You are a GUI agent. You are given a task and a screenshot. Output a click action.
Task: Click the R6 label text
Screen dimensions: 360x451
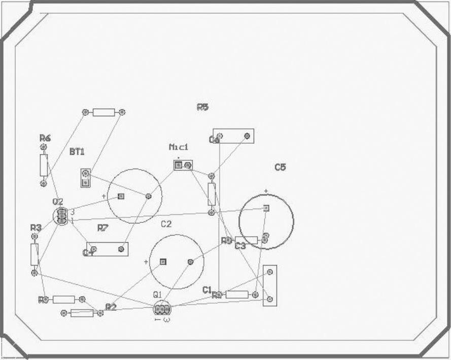pyautogui.click(x=45, y=138)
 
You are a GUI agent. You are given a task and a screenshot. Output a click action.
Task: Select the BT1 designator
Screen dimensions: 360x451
pyautogui.click(x=77, y=152)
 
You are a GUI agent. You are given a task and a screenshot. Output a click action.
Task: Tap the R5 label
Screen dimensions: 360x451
pyautogui.click(x=202, y=107)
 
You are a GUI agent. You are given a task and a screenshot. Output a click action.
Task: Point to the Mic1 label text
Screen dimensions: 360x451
pyautogui.click(x=179, y=147)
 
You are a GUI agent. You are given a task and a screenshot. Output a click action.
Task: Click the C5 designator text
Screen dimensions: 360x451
pyautogui.click(x=280, y=167)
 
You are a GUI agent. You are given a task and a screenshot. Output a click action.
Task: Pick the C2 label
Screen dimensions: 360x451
pyautogui.click(x=166, y=224)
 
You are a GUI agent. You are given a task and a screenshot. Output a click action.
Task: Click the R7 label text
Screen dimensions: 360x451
pyautogui.click(x=103, y=228)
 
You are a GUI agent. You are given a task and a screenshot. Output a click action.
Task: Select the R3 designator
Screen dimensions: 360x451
pyautogui.click(x=36, y=227)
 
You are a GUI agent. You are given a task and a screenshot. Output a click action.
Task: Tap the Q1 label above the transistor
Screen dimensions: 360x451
pyautogui.click(x=157, y=294)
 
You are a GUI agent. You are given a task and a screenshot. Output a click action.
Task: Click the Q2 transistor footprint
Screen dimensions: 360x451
pyautogui.click(x=61, y=216)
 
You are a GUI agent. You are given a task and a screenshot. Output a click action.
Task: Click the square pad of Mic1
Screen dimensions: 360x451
pyautogui.click(x=179, y=165)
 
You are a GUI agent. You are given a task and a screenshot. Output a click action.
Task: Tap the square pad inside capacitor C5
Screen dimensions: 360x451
pyautogui.click(x=266, y=208)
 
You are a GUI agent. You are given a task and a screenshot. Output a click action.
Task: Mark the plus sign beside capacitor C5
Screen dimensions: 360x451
pyautogui.click(x=265, y=191)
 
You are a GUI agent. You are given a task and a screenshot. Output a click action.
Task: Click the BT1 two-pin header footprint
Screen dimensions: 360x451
pyautogui.click(x=86, y=178)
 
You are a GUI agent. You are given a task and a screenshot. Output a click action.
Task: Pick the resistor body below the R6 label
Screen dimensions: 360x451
pyautogui.click(x=44, y=165)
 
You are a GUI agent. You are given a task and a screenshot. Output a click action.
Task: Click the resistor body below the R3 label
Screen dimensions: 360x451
pyautogui.click(x=34, y=254)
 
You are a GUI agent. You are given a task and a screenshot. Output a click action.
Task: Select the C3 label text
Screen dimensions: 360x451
pyautogui.click(x=240, y=246)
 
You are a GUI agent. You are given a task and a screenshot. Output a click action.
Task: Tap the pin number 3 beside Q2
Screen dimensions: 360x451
pyautogui.click(x=73, y=212)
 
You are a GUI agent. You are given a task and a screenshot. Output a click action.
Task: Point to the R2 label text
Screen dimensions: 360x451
pyautogui.click(x=111, y=307)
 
